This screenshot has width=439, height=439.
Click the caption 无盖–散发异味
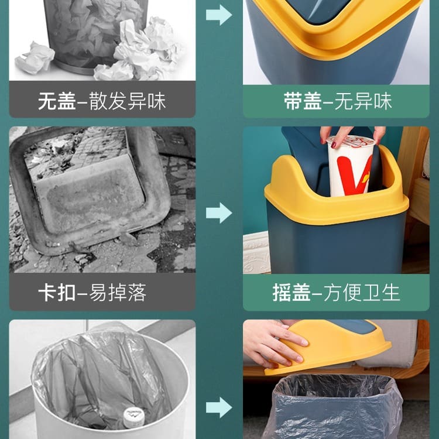click(x=102, y=101)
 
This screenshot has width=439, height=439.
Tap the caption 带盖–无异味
click(x=338, y=101)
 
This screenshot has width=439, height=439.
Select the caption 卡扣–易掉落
click(x=92, y=293)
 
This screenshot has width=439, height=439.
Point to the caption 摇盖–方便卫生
click(x=336, y=293)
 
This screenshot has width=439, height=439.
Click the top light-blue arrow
click(x=219, y=15)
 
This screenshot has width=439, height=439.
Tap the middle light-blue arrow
click(x=219, y=213)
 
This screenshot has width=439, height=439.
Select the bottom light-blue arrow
click(x=219, y=407)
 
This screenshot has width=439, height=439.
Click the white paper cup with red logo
click(x=351, y=166)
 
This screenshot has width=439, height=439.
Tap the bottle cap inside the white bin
click(x=134, y=417)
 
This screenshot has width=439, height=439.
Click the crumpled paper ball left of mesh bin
click(x=35, y=58)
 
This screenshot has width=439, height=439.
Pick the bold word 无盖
click(x=57, y=101)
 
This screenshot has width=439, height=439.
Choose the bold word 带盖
click(x=303, y=101)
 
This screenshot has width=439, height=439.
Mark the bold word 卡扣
click(x=57, y=293)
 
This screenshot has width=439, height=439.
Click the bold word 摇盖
click(x=291, y=293)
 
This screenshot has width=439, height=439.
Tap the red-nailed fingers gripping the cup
click(x=352, y=136)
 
